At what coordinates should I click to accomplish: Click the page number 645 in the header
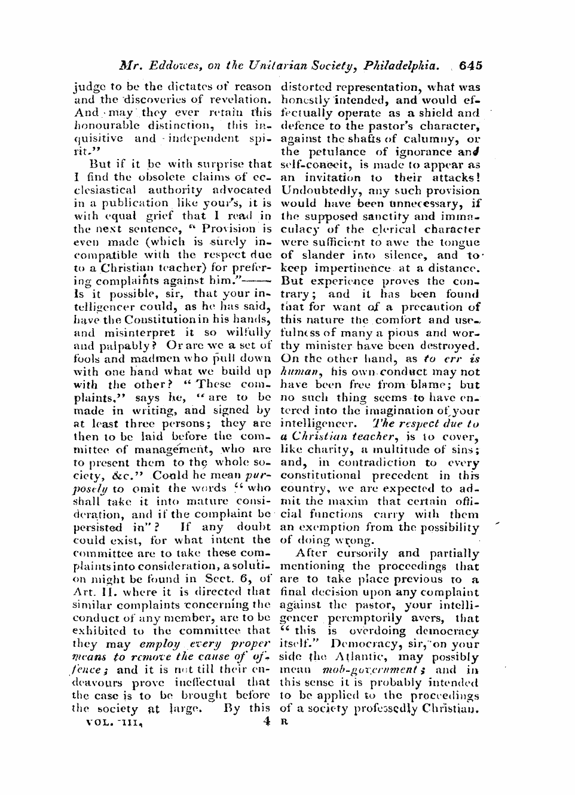pyautogui.click(x=471, y=65)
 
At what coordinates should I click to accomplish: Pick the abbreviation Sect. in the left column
pyautogui.click(x=216, y=579)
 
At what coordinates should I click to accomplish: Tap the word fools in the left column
pyautogui.click(x=87, y=359)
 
